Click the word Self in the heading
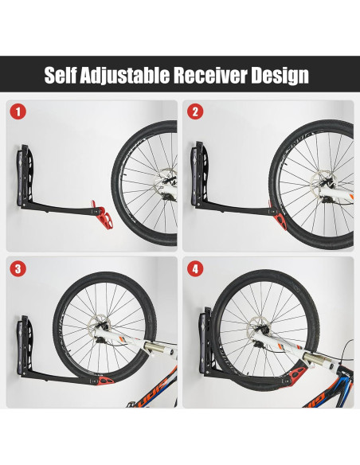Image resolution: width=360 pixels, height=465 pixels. point(62,76)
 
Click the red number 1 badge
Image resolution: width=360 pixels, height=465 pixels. point(18,111)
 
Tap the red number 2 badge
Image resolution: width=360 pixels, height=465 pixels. point(194,111)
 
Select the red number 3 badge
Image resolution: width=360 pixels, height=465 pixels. point(18,269)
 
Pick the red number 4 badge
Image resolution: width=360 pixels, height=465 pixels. point(194,269)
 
